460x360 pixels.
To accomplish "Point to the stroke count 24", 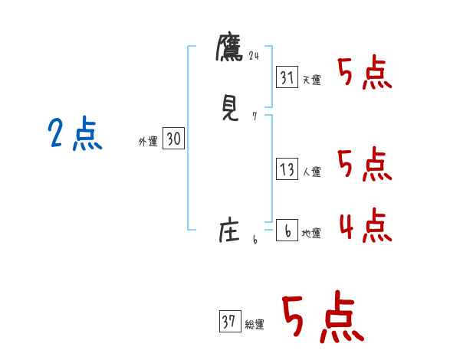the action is click(x=255, y=55).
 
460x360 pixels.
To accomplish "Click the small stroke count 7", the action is click(x=254, y=117).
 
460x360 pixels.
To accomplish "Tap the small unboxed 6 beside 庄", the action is click(x=255, y=241).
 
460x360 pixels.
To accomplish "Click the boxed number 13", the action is click(x=287, y=169).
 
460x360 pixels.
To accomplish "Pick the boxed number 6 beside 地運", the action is click(x=287, y=231).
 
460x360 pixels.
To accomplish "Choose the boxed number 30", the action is click(x=173, y=139).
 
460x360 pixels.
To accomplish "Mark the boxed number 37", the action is click(x=228, y=322).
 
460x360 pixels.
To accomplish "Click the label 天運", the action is click(x=311, y=80).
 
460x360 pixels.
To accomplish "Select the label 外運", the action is click(x=148, y=142).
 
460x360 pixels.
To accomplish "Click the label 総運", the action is click(x=254, y=325).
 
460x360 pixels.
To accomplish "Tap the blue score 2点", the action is click(x=75, y=135).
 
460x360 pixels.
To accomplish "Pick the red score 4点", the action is click(x=364, y=224).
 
